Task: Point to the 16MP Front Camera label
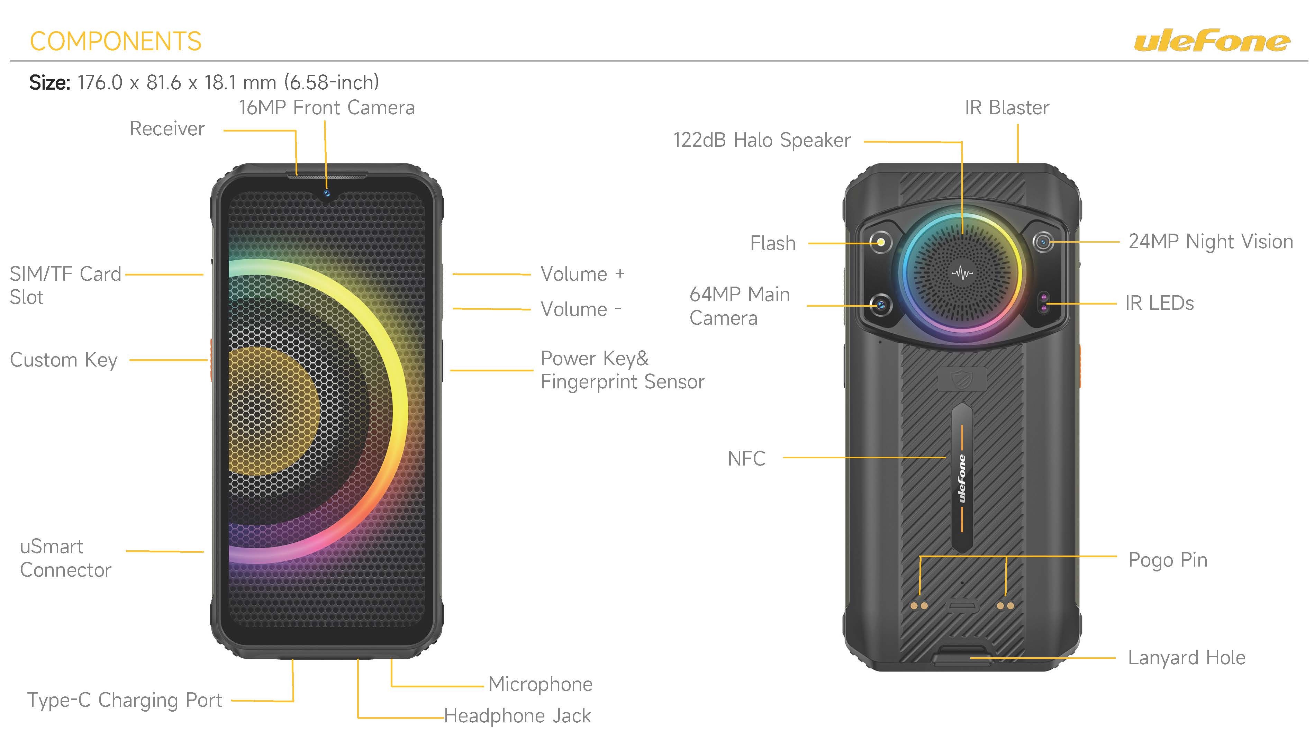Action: tap(327, 108)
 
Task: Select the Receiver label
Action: tap(167, 129)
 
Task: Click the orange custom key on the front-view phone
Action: tap(210, 360)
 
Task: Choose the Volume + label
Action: tap(582, 274)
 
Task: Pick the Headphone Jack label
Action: tap(517, 715)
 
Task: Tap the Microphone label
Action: tap(540, 684)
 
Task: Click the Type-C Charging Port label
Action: tap(125, 700)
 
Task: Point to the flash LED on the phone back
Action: tap(881, 242)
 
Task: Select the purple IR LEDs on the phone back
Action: tap(1044, 303)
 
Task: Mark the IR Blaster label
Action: tap(1007, 108)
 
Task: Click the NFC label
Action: tap(746, 459)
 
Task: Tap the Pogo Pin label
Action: tap(1168, 560)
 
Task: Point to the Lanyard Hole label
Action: tap(1186, 658)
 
